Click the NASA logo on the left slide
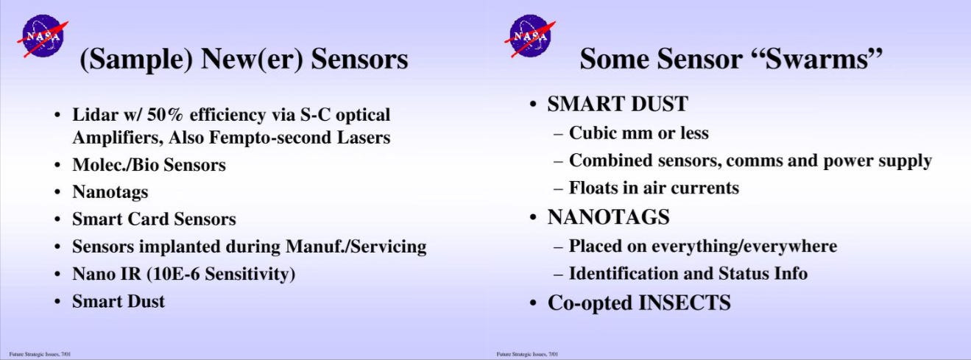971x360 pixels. click(43, 36)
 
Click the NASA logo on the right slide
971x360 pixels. click(530, 36)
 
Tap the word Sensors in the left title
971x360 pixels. click(359, 59)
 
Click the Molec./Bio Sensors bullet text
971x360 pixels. click(149, 165)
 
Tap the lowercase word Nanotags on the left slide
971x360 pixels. click(110, 192)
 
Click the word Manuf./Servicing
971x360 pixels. click(356, 247)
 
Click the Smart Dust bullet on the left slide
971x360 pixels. click(119, 301)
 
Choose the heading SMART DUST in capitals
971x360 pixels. click(618, 104)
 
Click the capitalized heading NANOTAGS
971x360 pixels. click(608, 217)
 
